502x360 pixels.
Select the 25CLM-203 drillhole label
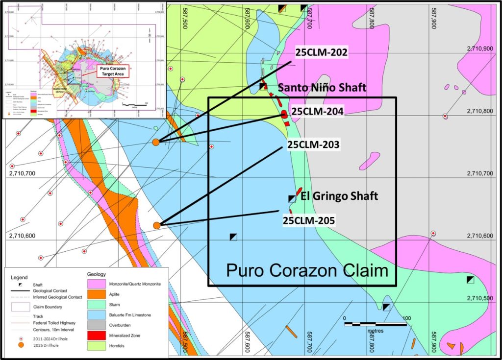[x=313, y=145]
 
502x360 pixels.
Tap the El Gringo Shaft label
[x=340, y=196]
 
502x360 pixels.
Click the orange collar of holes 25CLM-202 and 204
[x=156, y=142]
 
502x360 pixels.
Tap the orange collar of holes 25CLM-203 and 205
[x=157, y=225]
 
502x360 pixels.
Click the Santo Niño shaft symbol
[x=263, y=87]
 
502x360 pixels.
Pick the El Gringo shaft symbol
[x=292, y=199]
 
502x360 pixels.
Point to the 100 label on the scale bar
[x=406, y=319]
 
